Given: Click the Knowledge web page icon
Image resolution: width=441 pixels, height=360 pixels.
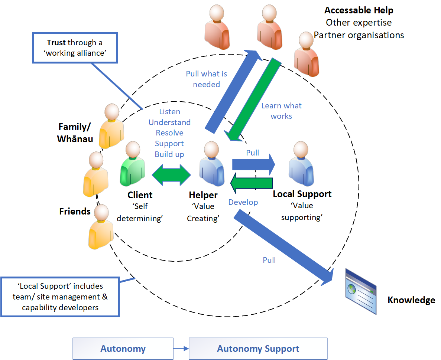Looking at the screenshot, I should (360, 291).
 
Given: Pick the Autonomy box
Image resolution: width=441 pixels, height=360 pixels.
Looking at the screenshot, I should (123, 348).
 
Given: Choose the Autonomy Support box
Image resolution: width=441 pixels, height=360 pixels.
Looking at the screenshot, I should (258, 348).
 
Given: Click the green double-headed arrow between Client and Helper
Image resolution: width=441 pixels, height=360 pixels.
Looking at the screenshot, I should (171, 174).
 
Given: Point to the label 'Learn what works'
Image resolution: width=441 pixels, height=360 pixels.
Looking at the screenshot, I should (281, 111).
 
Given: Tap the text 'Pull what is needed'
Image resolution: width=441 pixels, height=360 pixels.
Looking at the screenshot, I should (206, 79).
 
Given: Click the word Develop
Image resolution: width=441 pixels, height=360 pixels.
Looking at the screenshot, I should (243, 202).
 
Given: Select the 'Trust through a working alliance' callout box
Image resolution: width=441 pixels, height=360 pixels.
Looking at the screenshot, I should (75, 48).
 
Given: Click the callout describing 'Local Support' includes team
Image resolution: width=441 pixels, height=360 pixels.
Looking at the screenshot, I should (60, 297).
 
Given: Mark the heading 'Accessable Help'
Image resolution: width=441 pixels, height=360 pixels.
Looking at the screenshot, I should (359, 10).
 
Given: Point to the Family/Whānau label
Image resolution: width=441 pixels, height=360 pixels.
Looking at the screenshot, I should (74, 132).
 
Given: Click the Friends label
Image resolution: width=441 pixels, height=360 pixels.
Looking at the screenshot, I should (75, 211).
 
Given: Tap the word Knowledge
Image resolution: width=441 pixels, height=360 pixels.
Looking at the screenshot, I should (411, 300).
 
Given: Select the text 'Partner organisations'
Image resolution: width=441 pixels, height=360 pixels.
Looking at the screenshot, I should (359, 35).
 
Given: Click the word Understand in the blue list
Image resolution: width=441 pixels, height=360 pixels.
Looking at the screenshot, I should (169, 122).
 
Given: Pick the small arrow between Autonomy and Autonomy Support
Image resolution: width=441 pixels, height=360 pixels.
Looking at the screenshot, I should (181, 348).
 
